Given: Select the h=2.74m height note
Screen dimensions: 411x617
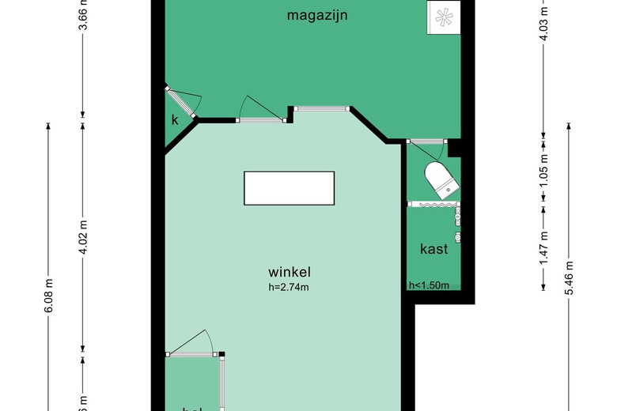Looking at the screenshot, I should coord(288,287).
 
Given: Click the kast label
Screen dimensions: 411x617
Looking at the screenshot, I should coord(434,249).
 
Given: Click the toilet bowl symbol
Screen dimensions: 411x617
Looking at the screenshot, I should coord(441,178).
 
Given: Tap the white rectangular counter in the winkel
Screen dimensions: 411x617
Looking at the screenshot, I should coord(289,187).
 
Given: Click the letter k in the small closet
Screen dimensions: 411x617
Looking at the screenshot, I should coord(175,120).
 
